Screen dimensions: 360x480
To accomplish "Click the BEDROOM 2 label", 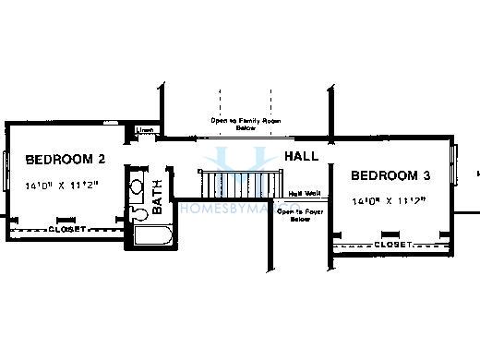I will (x=65, y=158).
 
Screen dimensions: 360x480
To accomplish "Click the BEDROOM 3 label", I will (x=390, y=175).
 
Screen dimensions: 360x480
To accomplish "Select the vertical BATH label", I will (x=158, y=197).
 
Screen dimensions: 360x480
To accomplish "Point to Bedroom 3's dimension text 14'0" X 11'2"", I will (x=389, y=200).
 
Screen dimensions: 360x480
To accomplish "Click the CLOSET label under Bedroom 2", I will (x=66, y=228).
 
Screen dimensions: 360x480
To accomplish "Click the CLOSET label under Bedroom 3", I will (x=393, y=245).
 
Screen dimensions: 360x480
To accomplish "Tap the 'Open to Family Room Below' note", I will (x=245, y=124).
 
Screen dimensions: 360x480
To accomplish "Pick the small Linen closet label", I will (x=145, y=131).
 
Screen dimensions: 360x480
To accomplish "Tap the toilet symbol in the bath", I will (x=139, y=213).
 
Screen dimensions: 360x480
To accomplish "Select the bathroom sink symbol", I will (x=136, y=187).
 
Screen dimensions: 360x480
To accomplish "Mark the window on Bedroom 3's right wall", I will (x=453, y=164).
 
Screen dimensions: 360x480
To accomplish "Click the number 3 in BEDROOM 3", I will (x=426, y=175).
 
